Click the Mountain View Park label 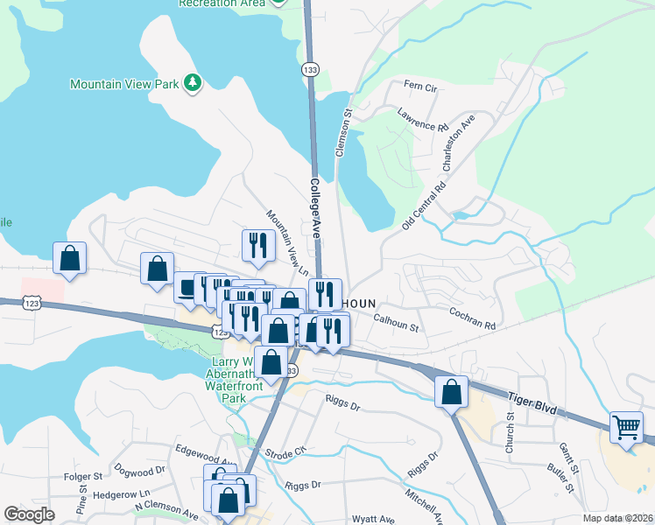(124, 85)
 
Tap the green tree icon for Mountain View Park (193, 84)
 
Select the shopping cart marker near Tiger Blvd (627, 429)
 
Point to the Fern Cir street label (419, 87)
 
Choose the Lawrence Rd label (422, 120)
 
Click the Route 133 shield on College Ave (311, 67)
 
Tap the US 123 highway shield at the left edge (31, 302)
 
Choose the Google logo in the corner (30, 514)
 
